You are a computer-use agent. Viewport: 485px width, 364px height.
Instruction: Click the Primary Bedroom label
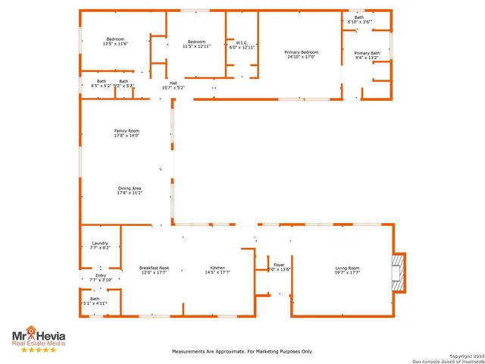[301, 54]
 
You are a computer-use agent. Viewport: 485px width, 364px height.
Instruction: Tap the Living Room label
[348, 270]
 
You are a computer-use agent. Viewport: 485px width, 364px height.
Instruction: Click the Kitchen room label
[217, 270]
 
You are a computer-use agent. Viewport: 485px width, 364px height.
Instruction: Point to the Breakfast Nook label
[154, 270]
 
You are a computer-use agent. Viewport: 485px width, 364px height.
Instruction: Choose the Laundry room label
[100, 246]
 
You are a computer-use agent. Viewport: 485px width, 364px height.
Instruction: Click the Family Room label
[127, 133]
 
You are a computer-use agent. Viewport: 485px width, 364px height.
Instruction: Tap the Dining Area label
[130, 190]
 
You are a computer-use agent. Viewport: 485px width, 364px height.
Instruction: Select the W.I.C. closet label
[242, 45]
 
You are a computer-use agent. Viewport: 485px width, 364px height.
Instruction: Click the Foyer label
[280, 267]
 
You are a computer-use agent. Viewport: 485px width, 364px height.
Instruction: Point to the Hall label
[174, 85]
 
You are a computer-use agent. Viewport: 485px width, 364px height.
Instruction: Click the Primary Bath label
[367, 55]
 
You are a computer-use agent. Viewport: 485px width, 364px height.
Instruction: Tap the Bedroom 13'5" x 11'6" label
[115, 41]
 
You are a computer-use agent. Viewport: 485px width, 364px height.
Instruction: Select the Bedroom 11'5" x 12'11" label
[196, 43]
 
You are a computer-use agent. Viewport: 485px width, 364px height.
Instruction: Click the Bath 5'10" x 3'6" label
[359, 20]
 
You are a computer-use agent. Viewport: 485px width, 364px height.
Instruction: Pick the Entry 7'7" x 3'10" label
[101, 278]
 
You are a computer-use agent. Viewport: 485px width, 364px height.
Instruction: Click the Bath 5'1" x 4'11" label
[95, 301]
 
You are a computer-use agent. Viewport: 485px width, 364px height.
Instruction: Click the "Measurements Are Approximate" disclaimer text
[242, 352]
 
